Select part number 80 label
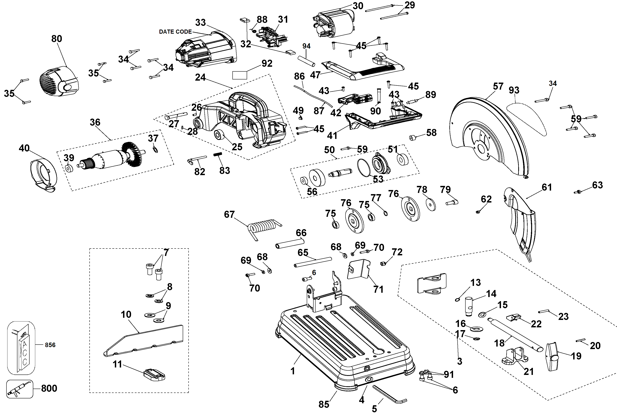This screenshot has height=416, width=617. click(57, 39)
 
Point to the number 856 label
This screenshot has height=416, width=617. click(50, 345)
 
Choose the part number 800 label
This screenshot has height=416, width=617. click(49, 388)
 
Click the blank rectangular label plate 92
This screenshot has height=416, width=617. click(239, 75)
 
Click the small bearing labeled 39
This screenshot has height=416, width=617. click(68, 168)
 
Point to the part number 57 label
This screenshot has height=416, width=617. click(498, 86)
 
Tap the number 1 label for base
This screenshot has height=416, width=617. click(293, 371)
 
